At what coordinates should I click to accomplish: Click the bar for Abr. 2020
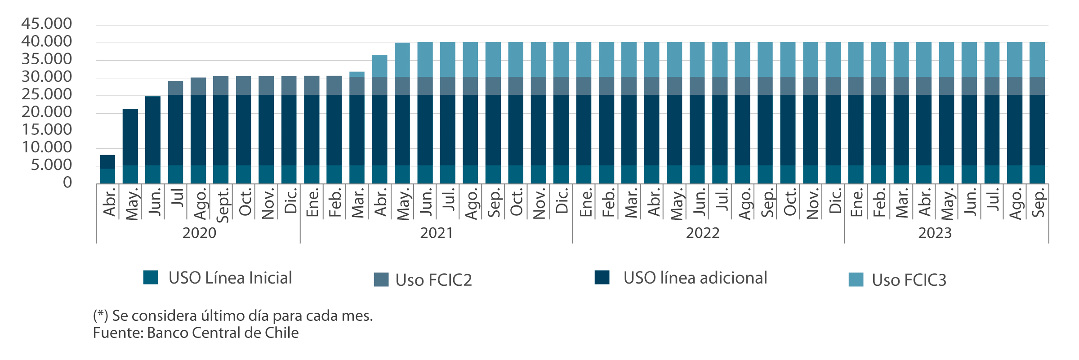(107, 169)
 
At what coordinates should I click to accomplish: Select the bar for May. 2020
(130, 146)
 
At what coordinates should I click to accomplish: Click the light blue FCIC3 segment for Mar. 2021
(357, 74)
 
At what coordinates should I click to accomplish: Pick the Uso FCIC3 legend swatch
(856, 280)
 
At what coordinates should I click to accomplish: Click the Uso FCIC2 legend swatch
(381, 280)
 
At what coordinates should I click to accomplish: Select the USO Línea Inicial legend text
(230, 278)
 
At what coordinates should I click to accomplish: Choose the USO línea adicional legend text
(695, 278)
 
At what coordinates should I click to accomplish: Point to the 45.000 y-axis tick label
(46, 23)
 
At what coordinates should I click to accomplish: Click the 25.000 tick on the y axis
(46, 94)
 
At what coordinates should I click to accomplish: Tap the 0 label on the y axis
(67, 182)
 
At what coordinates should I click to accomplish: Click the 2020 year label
(199, 233)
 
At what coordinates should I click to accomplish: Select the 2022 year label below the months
(703, 233)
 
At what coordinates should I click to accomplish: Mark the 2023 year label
(935, 233)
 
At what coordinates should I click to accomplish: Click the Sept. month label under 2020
(223, 205)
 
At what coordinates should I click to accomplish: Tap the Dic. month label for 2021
(562, 200)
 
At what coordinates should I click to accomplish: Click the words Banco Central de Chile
(223, 333)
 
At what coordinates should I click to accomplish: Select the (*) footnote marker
(99, 316)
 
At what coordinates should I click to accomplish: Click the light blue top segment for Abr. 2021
(380, 66)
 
